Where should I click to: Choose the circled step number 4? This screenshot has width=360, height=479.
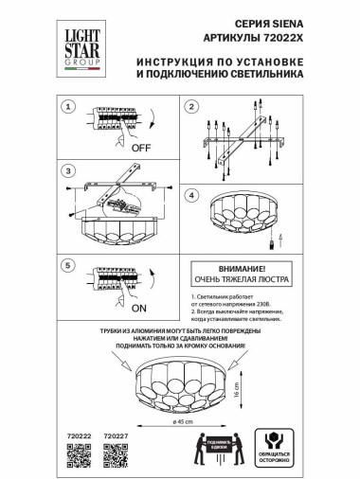click(x=190, y=196)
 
